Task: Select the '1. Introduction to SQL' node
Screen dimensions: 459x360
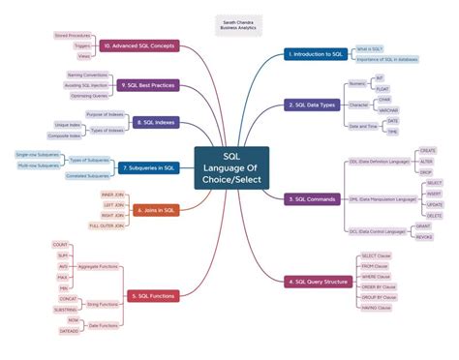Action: point(315,54)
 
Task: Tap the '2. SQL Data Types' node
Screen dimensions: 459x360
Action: point(313,105)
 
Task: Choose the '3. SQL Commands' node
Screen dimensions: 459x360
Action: point(312,198)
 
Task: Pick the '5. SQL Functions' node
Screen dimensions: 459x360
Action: point(151,295)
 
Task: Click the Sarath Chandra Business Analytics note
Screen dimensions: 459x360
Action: point(232,24)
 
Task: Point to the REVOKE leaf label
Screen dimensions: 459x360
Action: point(423,235)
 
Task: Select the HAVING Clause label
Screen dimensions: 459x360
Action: point(378,308)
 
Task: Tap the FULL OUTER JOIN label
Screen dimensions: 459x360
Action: point(107,225)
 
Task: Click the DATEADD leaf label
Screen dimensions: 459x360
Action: point(68,331)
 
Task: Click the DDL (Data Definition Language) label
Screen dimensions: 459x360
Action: point(379,161)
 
